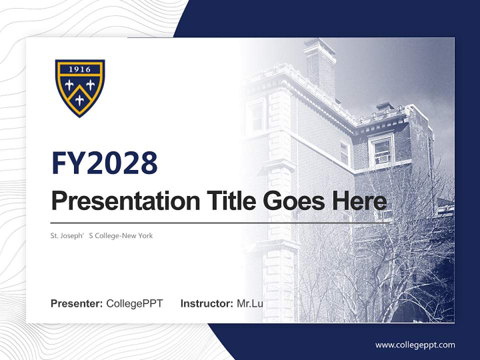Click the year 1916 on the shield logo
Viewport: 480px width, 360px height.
click(80, 69)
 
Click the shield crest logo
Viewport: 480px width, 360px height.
click(80, 88)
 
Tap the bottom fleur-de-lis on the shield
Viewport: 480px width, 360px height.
click(80, 99)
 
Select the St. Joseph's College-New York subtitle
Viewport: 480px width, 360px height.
click(101, 235)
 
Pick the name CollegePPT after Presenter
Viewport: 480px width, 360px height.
click(134, 303)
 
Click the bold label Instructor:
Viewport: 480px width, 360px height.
click(206, 303)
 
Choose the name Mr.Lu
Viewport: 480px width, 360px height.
click(250, 303)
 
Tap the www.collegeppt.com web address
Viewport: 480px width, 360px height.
click(415, 345)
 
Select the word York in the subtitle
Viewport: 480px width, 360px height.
click(145, 235)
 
